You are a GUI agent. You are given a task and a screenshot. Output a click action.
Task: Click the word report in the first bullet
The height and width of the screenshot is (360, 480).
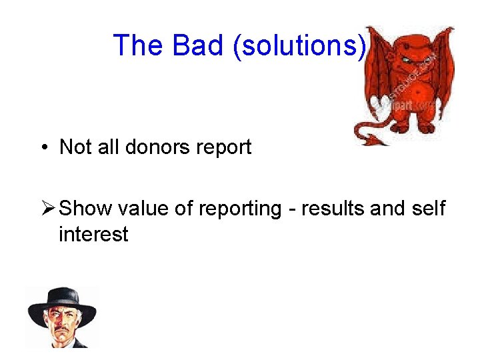[225, 147]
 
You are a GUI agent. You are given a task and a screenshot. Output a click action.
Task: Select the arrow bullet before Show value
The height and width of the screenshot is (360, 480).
[48, 209]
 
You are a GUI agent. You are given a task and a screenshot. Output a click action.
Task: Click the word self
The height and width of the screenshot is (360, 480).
[429, 209]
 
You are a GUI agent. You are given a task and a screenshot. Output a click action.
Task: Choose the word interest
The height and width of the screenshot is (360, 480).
[93, 234]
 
